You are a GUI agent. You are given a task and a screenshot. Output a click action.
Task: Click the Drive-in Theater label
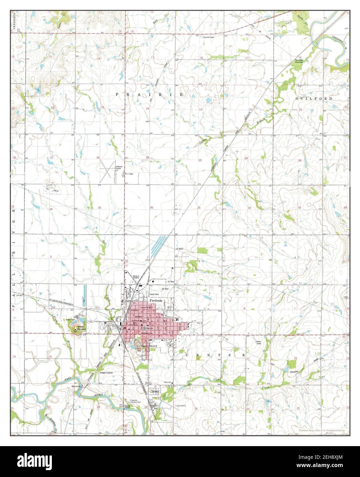point(138,277)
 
